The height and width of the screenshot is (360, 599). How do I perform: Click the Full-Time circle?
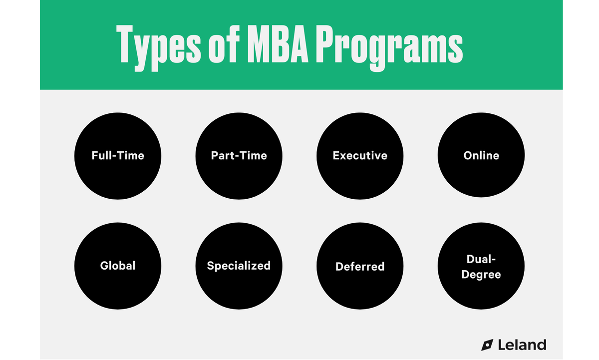pyautogui.click(x=118, y=155)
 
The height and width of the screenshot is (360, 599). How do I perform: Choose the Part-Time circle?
pyautogui.click(x=239, y=155)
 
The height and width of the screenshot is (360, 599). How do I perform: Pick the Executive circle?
pyautogui.click(x=360, y=155)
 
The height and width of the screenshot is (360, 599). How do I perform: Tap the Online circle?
pyautogui.click(x=481, y=155)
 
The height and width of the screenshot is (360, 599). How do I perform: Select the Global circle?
pyautogui.click(x=118, y=266)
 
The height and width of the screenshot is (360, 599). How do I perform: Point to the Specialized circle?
pyautogui.click(x=239, y=266)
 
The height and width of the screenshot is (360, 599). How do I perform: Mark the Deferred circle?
pyautogui.click(x=360, y=266)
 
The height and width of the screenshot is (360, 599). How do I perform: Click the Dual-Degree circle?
pyautogui.click(x=481, y=266)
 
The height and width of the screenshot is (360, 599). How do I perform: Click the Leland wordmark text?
pyautogui.click(x=522, y=345)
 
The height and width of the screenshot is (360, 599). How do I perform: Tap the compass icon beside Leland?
pyautogui.click(x=487, y=345)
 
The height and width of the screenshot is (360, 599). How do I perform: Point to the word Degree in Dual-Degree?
pyautogui.click(x=481, y=274)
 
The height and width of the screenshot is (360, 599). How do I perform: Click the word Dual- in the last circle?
pyautogui.click(x=481, y=259)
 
